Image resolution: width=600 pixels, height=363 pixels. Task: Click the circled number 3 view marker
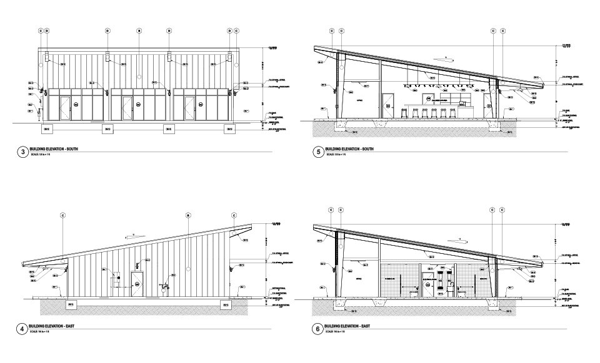coord(24,152)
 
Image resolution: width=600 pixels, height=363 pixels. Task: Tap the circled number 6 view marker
coord(317,328)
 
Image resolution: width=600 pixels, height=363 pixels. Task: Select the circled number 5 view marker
coord(317,152)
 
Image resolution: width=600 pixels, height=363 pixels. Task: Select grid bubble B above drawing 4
coord(187,216)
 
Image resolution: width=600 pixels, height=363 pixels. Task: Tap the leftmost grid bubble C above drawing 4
coord(63,216)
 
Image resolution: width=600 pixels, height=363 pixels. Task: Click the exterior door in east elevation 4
coord(137,284)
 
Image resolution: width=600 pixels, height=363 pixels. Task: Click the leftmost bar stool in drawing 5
coord(403,113)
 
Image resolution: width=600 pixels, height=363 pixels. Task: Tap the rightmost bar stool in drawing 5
coord(452,113)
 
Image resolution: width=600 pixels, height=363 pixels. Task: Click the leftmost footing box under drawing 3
coord(47,128)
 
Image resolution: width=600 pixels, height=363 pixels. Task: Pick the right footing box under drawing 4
coord(226,304)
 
